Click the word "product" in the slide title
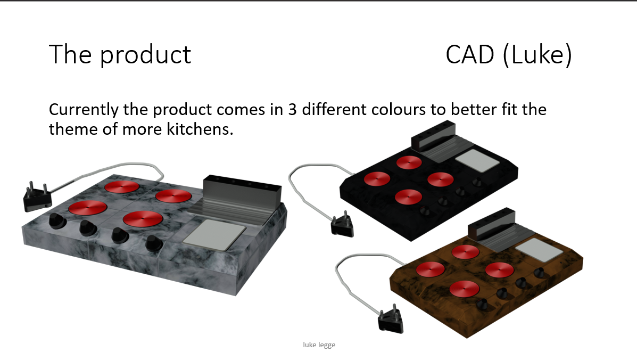pos(145,55)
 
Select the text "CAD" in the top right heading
pos(469,54)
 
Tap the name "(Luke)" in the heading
pos(537,55)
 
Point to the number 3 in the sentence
pos(293,110)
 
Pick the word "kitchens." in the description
pos(200,129)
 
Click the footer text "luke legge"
pos(319,345)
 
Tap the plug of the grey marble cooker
pos(37,197)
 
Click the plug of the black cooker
pos(343,224)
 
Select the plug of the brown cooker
pos(391,320)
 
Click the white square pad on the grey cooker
pos(214,235)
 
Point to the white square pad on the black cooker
pos(477,160)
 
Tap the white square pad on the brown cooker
pos(540,249)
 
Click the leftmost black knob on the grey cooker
pos(57,222)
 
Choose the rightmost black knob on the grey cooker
pos(154,242)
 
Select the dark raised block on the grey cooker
pos(242,193)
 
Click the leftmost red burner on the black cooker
pos(377,179)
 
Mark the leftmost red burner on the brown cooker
pos(430,269)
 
